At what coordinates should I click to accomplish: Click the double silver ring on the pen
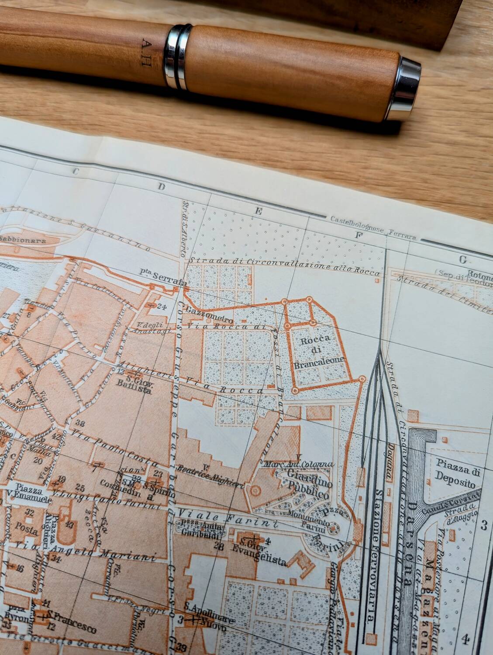point(177,56)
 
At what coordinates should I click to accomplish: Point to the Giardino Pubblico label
point(309,479)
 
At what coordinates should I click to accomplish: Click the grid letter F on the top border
point(360,236)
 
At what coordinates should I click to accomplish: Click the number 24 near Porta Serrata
point(162,306)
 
